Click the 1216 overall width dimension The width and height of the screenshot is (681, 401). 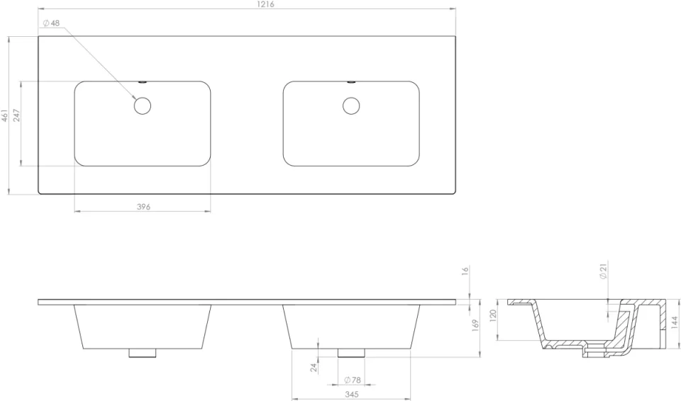coord(266,4)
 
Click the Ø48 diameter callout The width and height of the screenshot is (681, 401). coord(51,23)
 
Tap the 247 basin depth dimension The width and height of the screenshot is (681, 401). coord(16,115)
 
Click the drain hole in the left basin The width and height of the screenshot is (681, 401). coord(143,106)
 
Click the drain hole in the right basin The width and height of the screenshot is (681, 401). coord(351,106)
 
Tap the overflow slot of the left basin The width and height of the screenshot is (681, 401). coord(143,81)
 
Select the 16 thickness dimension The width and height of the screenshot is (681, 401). coord(465,271)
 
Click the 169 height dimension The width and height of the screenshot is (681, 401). coord(476,324)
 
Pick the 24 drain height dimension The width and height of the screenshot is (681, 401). coord(313,367)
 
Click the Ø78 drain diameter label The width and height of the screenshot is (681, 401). coord(353,380)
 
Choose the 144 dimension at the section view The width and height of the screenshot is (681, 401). coord(673,323)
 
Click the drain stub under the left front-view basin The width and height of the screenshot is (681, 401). coord(143,352)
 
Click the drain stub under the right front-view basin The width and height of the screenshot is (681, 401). coord(351,352)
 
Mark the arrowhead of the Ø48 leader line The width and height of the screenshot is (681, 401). coord(135,99)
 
